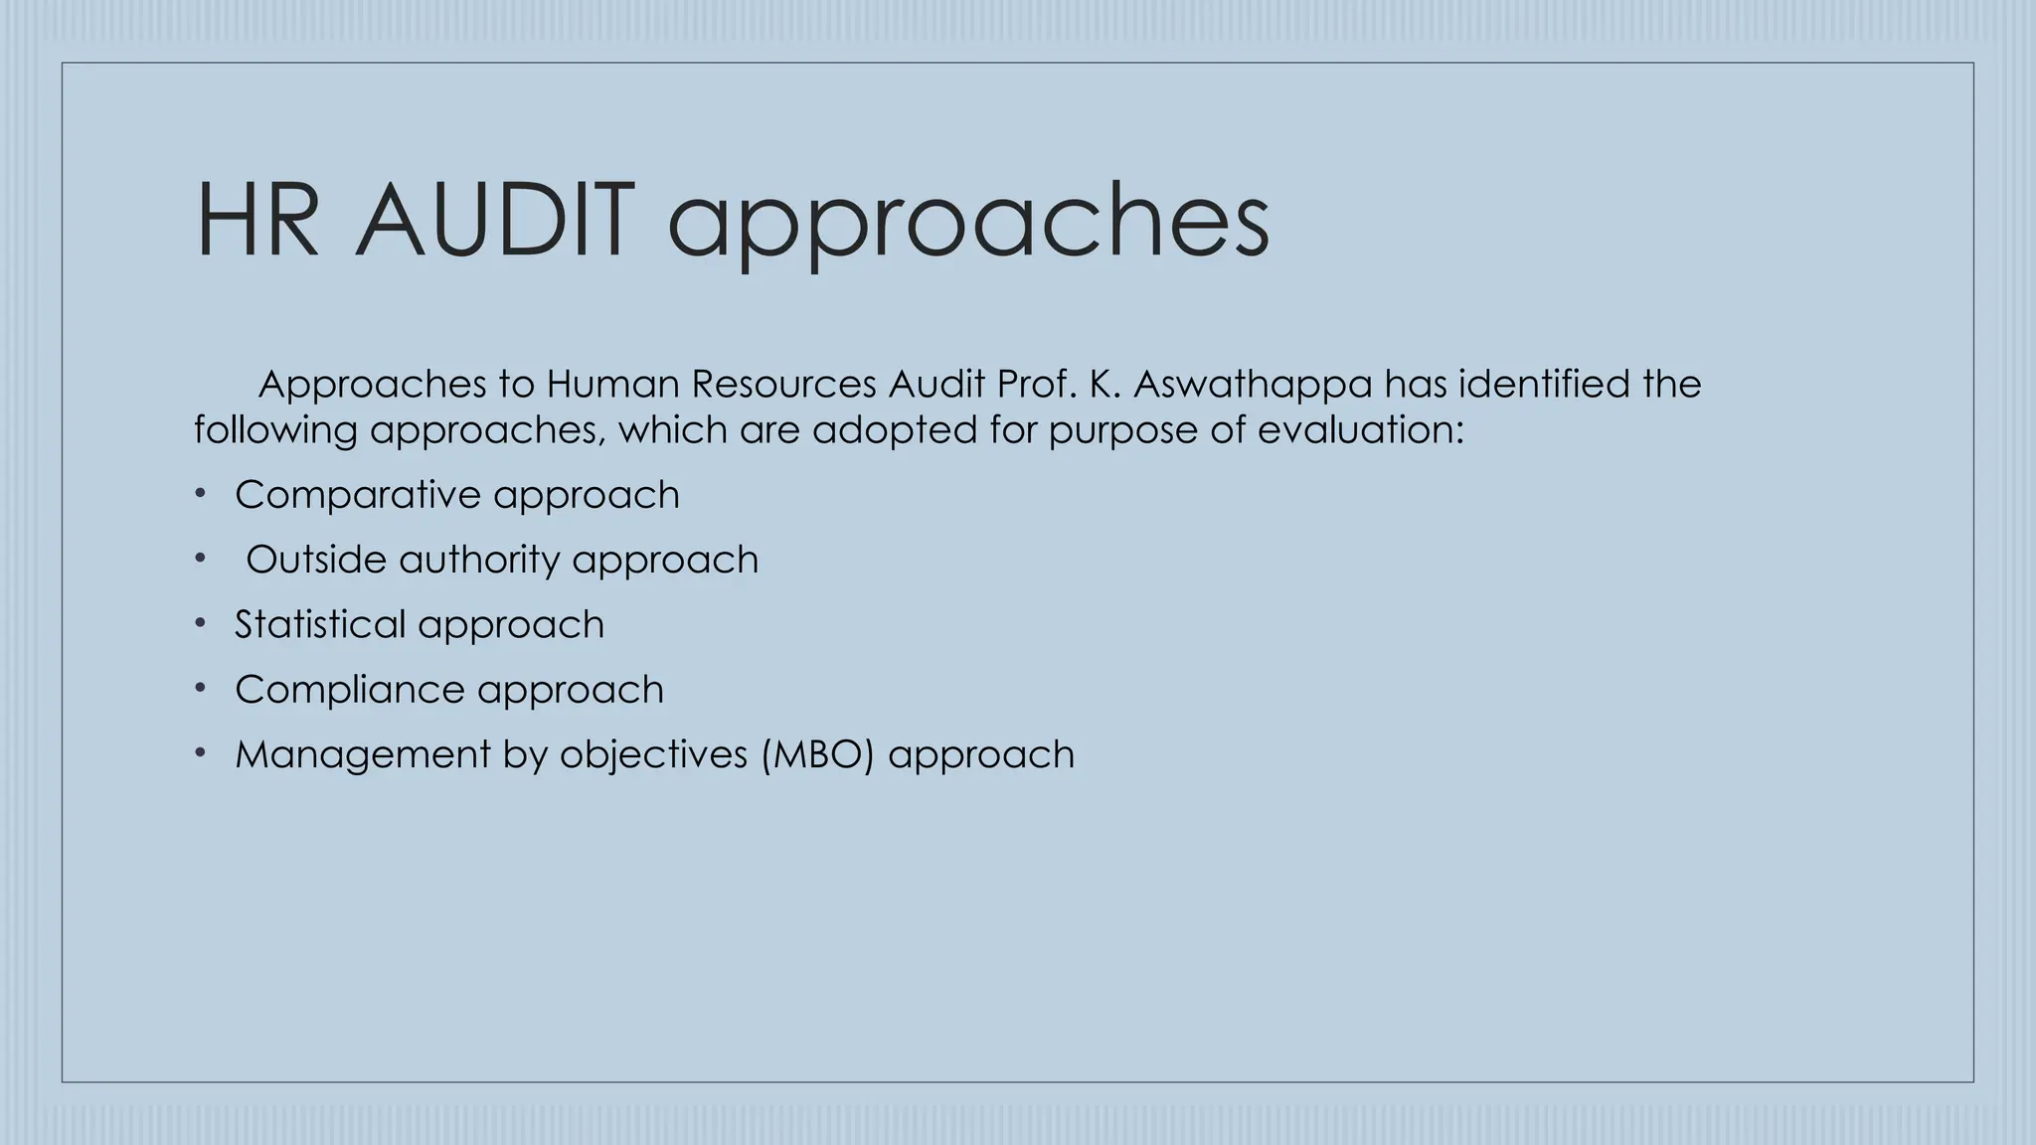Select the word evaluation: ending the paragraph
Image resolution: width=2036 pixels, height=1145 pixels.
tap(1360, 430)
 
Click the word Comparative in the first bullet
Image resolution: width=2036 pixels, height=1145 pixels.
tap(357, 495)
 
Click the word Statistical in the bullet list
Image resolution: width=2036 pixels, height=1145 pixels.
tap(319, 624)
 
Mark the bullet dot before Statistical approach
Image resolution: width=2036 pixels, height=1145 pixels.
tap(200, 623)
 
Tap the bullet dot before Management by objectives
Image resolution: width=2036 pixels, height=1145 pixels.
tap(200, 753)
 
